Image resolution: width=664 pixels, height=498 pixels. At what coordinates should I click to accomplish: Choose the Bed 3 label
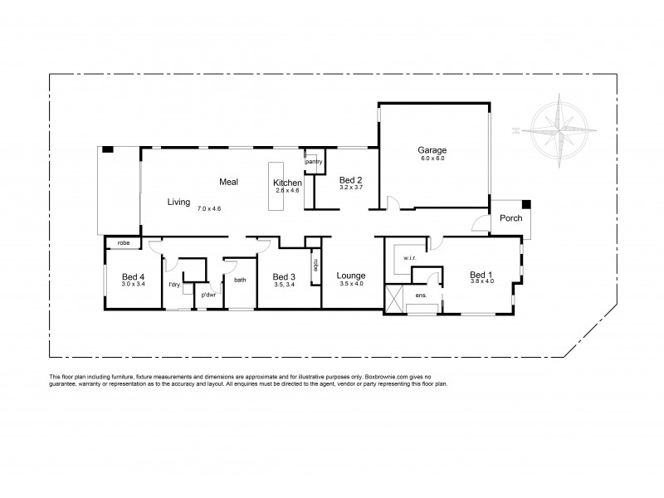tap(284, 276)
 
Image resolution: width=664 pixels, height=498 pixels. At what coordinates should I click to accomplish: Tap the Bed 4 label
tap(133, 276)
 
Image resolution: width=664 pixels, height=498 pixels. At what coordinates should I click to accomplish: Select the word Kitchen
tap(287, 183)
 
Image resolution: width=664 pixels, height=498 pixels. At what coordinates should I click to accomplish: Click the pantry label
tap(314, 161)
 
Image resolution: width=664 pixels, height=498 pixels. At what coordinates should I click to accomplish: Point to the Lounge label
tap(351, 276)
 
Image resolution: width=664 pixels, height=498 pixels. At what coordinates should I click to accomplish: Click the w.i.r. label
tap(408, 259)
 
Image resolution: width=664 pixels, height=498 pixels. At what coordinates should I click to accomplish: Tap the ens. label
tap(421, 295)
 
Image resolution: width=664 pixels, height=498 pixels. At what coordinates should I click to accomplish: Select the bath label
tap(240, 280)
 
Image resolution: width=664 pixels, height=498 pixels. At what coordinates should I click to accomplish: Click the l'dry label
tap(174, 286)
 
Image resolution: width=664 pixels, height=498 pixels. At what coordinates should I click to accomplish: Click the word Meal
tap(229, 181)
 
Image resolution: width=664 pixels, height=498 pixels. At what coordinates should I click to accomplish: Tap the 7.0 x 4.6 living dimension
tap(209, 208)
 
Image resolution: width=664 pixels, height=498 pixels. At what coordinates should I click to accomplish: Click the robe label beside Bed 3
tap(315, 266)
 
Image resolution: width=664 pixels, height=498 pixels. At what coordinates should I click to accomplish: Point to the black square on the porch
tap(526, 204)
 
